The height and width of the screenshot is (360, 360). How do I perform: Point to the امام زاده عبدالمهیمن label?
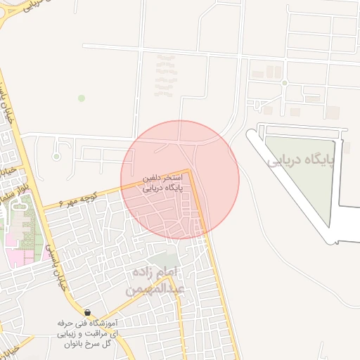pyautogui.click(x=156, y=280)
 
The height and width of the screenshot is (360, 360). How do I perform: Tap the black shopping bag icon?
pyautogui.click(x=86, y=312)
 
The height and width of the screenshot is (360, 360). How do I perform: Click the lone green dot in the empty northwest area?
pyautogui.click(x=82, y=98)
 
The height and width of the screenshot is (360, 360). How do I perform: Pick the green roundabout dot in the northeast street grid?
pyautogui.click(x=285, y=83)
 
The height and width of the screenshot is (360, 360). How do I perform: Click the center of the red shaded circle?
pyautogui.click(x=180, y=179)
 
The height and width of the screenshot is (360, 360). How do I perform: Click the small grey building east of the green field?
pyautogui.click(x=345, y=148)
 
